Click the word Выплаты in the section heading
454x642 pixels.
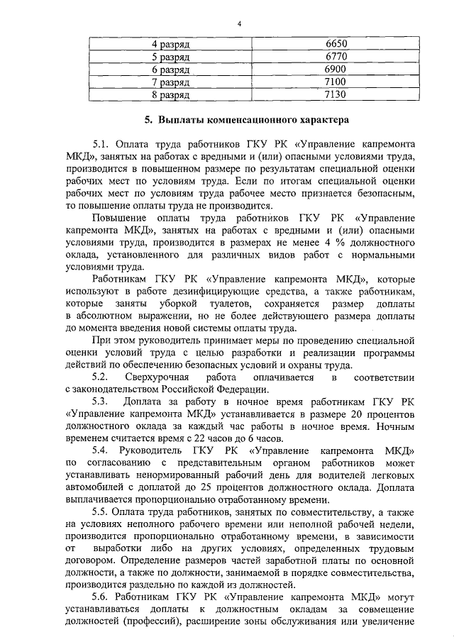click(x=184, y=119)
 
